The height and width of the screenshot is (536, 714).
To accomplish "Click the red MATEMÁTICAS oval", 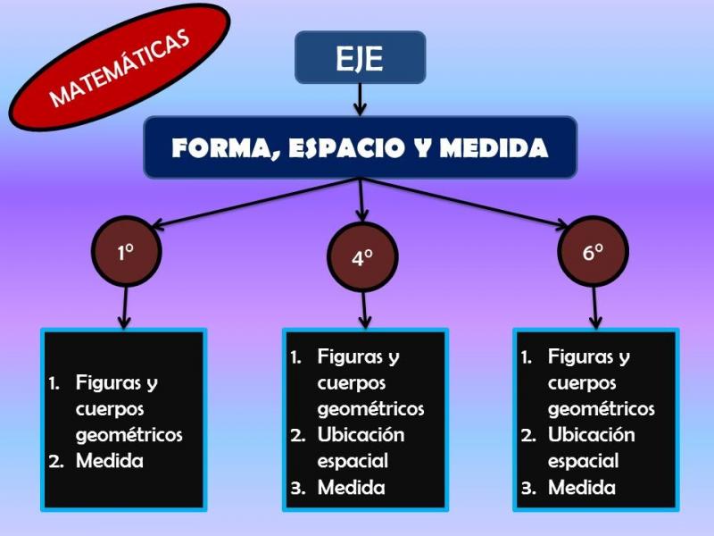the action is (x=120, y=67).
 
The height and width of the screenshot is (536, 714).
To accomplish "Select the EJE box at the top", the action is (x=361, y=57).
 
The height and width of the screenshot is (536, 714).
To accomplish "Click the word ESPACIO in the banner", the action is (x=346, y=147).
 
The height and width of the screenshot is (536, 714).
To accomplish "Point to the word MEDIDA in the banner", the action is (x=494, y=147).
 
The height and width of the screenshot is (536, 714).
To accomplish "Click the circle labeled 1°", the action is (x=127, y=252).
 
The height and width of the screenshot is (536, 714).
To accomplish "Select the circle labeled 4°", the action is (x=362, y=257).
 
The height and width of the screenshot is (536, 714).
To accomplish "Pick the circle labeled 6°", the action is (x=594, y=252).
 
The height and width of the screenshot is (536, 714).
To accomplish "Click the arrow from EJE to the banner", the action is (x=361, y=100).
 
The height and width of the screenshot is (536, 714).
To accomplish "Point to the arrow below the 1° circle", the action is (x=125, y=307).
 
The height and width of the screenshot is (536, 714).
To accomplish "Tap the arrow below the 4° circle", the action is (x=364, y=310).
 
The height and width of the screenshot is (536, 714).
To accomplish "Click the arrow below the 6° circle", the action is (x=594, y=307).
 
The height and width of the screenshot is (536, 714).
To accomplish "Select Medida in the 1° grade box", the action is (x=110, y=461).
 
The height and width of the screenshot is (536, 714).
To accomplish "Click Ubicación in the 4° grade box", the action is (x=361, y=435).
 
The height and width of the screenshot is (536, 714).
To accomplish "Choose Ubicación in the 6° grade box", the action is (x=591, y=435).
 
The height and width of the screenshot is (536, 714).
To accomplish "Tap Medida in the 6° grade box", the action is (x=582, y=488).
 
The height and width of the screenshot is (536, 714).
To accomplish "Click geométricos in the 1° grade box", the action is (x=129, y=436).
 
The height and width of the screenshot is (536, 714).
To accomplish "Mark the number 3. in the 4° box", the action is (x=298, y=489).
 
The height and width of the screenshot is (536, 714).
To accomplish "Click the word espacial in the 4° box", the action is (x=353, y=462).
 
